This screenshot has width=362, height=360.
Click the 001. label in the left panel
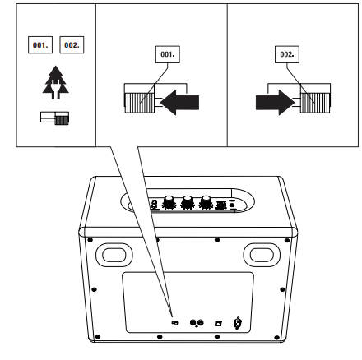40,45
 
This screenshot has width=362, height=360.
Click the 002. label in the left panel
72,45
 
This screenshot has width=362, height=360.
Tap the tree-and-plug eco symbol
55,82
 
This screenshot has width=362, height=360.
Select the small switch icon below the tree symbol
54,118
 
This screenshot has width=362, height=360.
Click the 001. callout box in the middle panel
168,54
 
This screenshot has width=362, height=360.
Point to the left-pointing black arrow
179,103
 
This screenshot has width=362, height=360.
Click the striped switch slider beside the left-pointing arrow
139,103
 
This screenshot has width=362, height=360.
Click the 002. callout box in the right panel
287,54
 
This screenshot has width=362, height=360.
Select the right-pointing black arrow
275,103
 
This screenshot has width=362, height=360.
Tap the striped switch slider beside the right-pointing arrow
315,103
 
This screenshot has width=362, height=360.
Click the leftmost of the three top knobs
169,202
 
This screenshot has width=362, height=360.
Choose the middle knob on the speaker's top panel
188,202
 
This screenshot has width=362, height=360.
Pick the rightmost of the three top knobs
207,202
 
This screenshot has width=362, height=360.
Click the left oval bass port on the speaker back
114,255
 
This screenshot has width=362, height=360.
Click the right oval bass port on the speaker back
262,255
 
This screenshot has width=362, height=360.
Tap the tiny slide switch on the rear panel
174,323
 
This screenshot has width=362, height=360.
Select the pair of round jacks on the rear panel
197,323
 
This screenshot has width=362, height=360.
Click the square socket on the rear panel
218,324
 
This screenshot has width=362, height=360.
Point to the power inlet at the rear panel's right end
238,323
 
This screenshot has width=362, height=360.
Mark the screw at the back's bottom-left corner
98,337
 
